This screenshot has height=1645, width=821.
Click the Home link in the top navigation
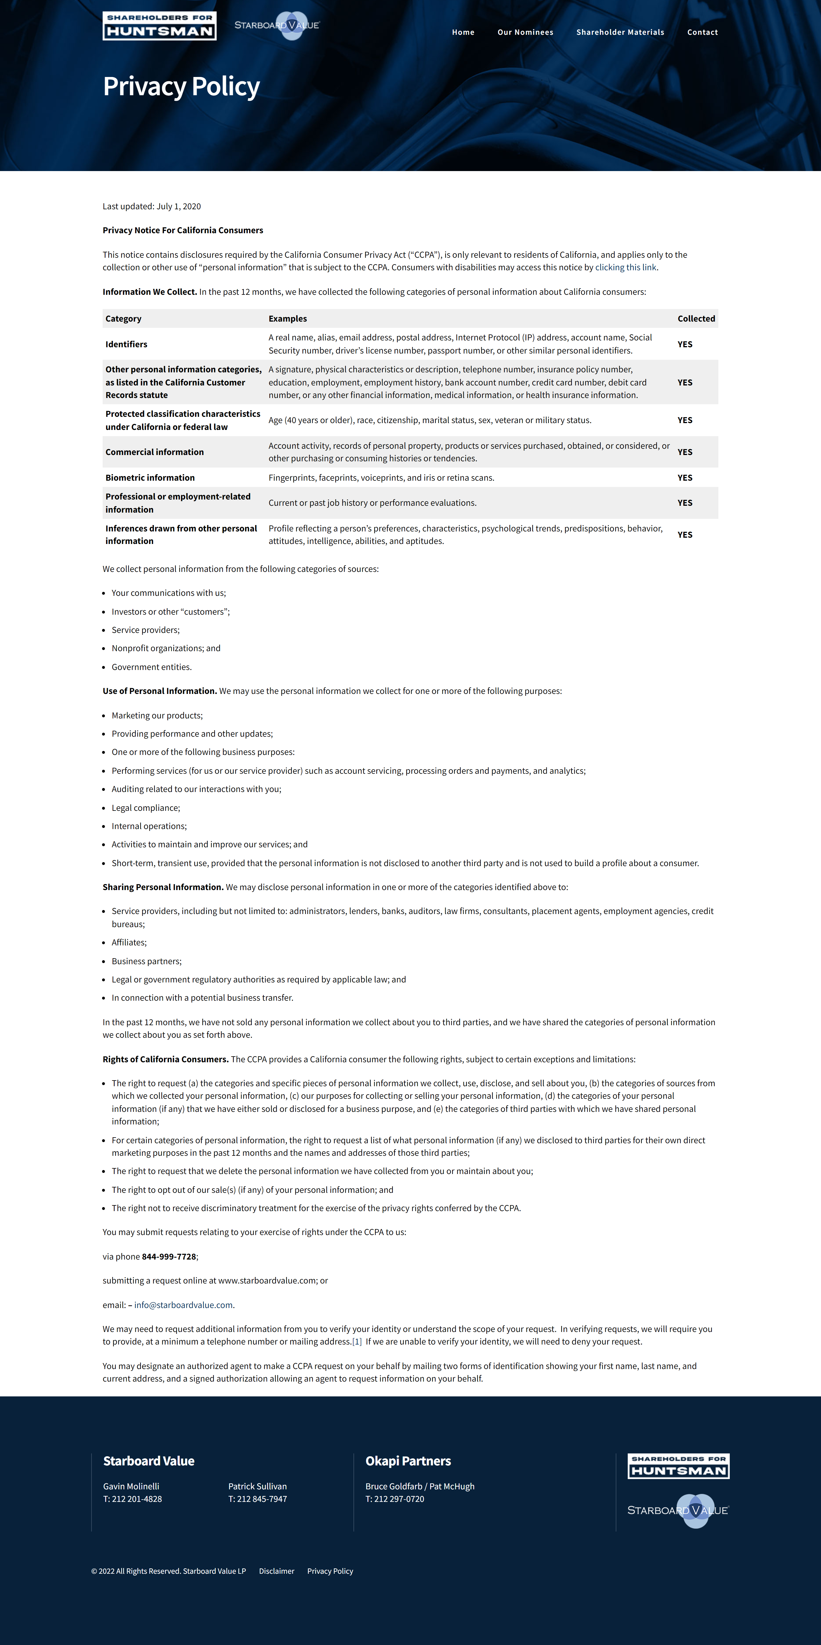(463, 32)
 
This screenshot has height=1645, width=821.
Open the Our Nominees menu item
(525, 32)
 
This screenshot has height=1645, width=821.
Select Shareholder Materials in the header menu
(620, 32)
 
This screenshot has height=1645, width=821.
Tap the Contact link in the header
(702, 32)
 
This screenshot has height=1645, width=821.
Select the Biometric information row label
(150, 478)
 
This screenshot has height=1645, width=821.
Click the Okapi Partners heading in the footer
(408, 1461)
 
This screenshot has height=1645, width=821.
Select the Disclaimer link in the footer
(277, 1571)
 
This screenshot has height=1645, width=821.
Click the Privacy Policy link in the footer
(330, 1571)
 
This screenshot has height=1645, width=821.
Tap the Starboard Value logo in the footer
(678, 1510)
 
